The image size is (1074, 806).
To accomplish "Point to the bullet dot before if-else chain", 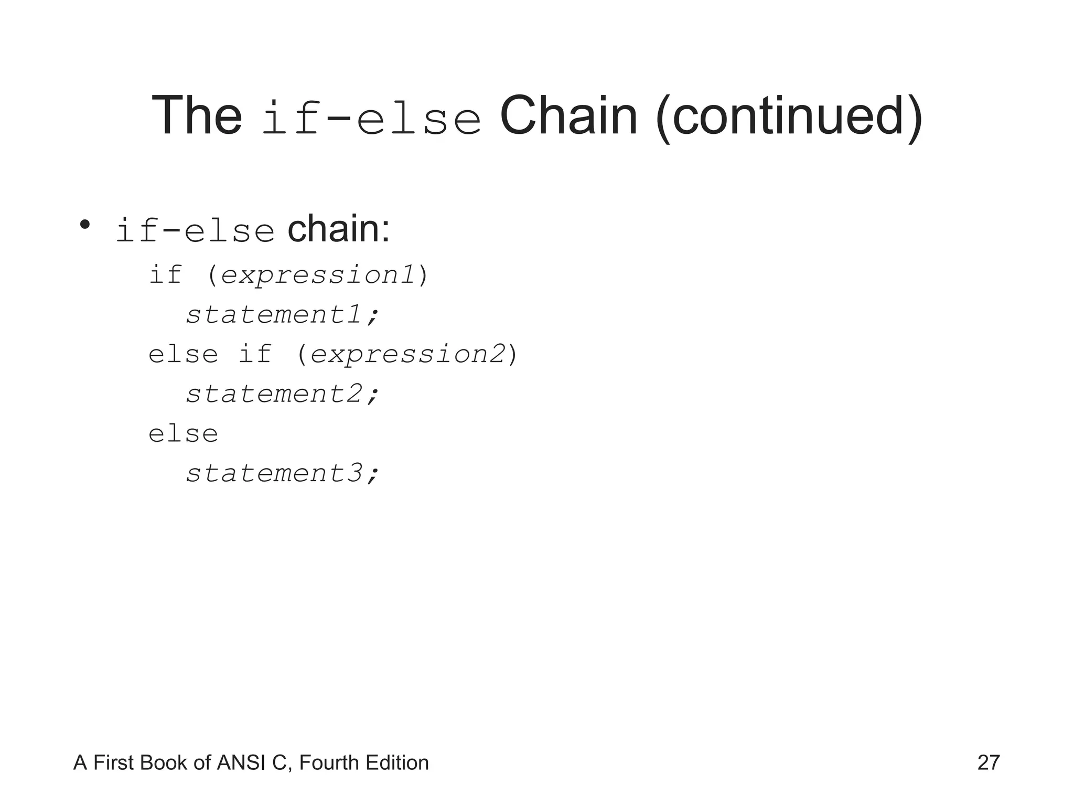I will pyautogui.click(x=85, y=225).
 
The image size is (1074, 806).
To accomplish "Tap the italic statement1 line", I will pyautogui.click(x=282, y=315).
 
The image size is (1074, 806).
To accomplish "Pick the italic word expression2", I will pyautogui.click(x=407, y=354).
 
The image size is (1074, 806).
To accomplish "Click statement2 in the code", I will pyautogui.click(x=282, y=394).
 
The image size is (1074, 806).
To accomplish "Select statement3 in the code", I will pyautogui.click(x=282, y=473).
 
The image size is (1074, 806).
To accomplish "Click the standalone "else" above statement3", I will pyautogui.click(x=183, y=434).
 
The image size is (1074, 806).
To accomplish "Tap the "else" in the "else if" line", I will pyautogui.click(x=183, y=354).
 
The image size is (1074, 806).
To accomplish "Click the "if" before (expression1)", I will pyautogui.click(x=166, y=274).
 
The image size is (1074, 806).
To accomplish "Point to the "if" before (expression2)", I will pyautogui.click(x=255, y=354).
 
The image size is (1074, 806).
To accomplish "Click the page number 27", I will pyautogui.click(x=989, y=763).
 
